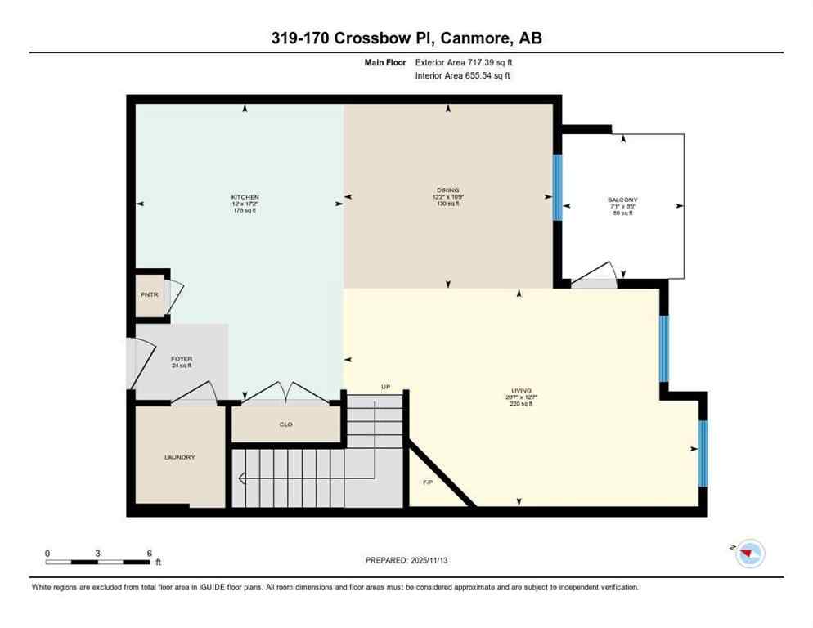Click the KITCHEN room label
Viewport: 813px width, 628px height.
(245, 197)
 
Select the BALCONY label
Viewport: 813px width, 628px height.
(622, 200)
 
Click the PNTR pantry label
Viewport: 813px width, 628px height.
(148, 294)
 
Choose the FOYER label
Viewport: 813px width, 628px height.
(181, 359)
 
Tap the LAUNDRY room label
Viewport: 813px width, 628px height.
(179, 457)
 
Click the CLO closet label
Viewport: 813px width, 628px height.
(285, 425)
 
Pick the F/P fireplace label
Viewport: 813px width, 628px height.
(428, 482)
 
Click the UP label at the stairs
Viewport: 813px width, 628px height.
(386, 386)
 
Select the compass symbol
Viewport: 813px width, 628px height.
(748, 554)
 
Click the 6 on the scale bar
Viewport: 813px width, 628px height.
(149, 553)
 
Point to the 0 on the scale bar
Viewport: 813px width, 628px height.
(47, 553)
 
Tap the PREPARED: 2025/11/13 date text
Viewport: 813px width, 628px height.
(406, 560)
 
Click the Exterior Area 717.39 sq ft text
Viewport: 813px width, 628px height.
(465, 62)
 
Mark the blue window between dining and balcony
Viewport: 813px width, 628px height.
(558, 187)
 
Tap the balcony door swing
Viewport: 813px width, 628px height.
(595, 276)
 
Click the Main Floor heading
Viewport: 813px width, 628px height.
(384, 62)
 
